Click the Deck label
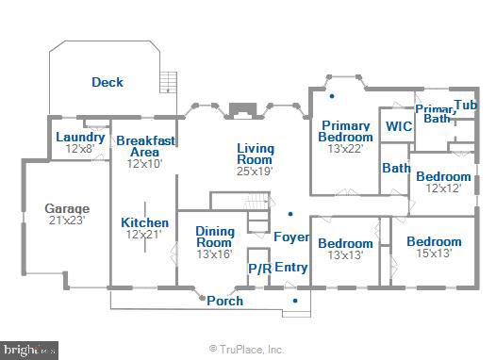(x=107, y=82)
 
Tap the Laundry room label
(x=80, y=138)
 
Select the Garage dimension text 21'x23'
(x=67, y=220)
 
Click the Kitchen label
(x=145, y=223)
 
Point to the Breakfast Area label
(x=144, y=146)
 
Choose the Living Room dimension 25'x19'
(x=254, y=171)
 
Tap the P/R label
(x=259, y=269)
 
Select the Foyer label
(x=291, y=237)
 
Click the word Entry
(x=291, y=267)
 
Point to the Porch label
(x=224, y=302)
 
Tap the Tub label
(x=465, y=105)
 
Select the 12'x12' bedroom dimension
(x=443, y=188)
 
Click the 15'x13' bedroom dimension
(x=434, y=254)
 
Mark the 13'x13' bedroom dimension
(x=344, y=255)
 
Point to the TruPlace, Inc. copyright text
(x=246, y=349)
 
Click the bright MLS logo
(x=29, y=350)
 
